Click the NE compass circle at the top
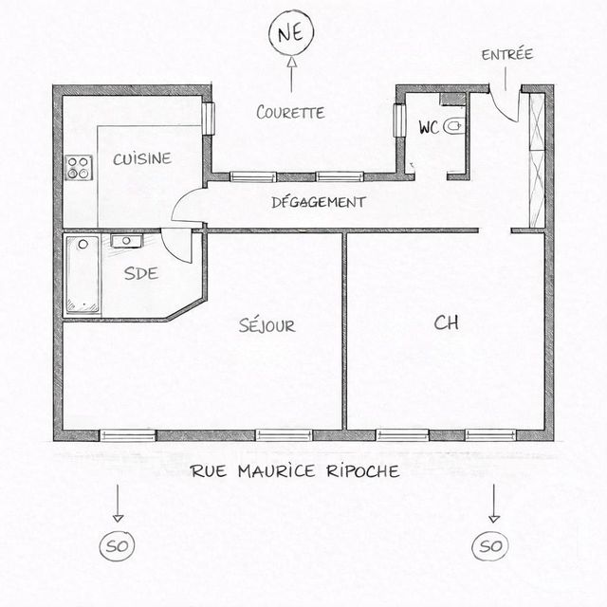tap(291, 34)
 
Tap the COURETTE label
tap(291, 112)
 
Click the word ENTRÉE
tap(506, 54)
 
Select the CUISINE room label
tap(142, 158)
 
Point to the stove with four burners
tap(78, 168)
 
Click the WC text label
tap(428, 128)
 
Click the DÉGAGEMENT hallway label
tap(318, 202)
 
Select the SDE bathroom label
tap(140, 273)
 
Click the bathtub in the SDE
tap(82, 275)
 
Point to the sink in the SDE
tap(125, 241)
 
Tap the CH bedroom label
tap(446, 322)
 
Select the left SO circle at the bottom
tap(117, 546)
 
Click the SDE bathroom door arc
tap(176, 248)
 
